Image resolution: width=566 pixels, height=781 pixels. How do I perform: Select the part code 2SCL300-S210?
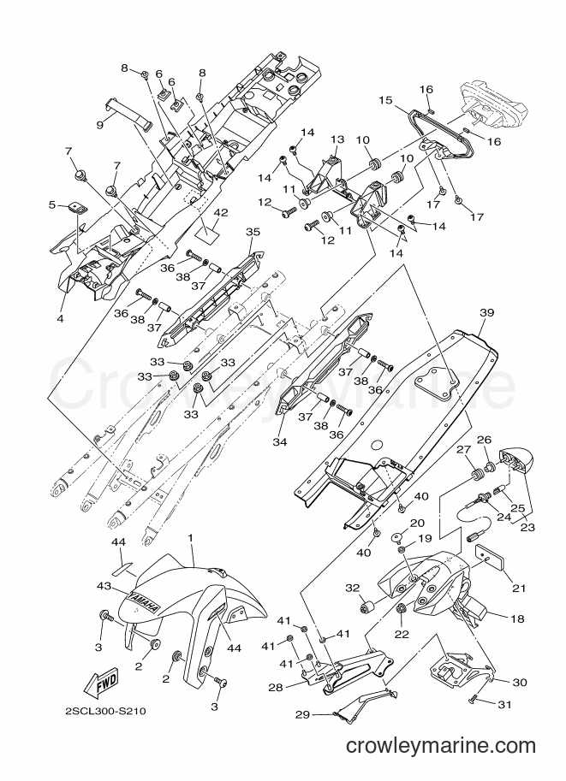(x=105, y=711)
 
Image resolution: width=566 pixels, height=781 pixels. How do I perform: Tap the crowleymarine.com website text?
(x=440, y=746)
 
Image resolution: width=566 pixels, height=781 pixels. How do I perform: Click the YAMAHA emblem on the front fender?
(x=144, y=602)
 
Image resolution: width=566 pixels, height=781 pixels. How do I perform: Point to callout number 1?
(x=190, y=537)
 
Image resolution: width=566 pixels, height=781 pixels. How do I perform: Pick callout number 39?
(x=486, y=313)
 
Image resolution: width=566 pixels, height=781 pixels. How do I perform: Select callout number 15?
(x=385, y=100)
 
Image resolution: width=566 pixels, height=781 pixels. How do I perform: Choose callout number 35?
(x=253, y=232)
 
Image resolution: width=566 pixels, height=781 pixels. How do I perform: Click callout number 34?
(x=280, y=441)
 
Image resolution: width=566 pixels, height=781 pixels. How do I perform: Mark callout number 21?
(x=519, y=589)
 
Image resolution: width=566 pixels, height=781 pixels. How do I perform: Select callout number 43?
(x=104, y=587)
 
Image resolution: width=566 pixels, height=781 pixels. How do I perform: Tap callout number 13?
(x=337, y=139)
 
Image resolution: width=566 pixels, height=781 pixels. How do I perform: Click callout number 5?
(x=52, y=204)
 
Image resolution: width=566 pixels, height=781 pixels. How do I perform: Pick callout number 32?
(x=353, y=589)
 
